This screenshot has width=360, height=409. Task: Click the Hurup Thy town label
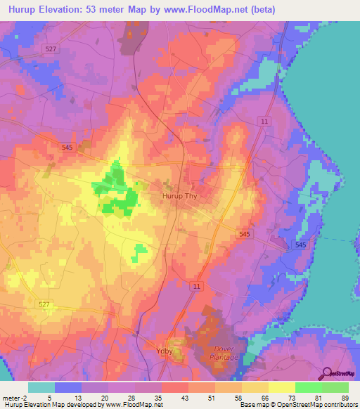click(x=181, y=197)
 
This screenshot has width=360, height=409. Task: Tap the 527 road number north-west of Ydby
click(x=44, y=303)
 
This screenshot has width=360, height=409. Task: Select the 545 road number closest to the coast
click(x=301, y=244)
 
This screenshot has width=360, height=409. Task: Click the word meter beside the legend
click(x=10, y=398)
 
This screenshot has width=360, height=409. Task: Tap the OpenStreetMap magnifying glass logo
click(x=325, y=373)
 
